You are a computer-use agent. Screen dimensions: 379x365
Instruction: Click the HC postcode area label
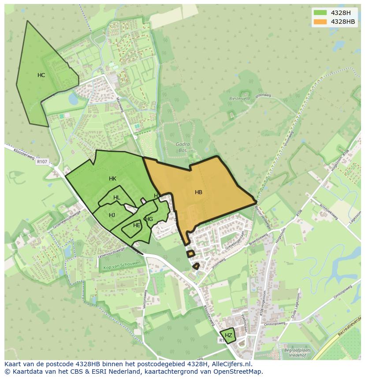coord(41,75)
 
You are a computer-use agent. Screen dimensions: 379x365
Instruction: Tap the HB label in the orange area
coord(198,192)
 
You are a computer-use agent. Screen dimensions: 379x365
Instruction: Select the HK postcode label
coord(112,179)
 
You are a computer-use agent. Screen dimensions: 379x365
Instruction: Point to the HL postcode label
coord(116,198)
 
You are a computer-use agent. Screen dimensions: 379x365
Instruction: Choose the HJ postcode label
coord(112,215)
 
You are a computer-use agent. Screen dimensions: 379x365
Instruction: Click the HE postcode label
coord(137,225)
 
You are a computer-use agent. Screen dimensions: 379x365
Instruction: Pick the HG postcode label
coord(149,219)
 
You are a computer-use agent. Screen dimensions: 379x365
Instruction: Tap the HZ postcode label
coord(228,335)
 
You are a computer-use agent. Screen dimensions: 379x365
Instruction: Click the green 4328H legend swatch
coord(320,12)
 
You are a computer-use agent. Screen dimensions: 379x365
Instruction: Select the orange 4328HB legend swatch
coord(320,22)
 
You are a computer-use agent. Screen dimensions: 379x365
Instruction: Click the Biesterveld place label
coord(239,99)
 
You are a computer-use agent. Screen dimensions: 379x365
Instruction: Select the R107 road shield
coord(42,162)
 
